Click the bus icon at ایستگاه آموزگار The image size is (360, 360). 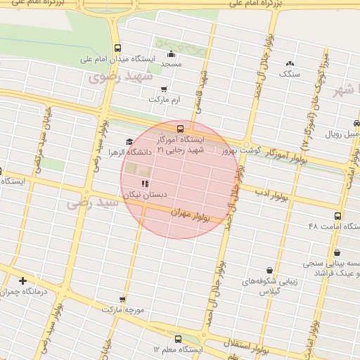click(181, 129)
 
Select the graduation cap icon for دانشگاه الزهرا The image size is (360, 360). click(129, 141)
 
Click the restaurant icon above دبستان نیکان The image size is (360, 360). click(145, 184)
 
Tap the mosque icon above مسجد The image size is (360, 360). click(171, 55)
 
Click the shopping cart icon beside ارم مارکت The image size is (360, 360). click(164, 89)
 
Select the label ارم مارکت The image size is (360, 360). click(164, 100)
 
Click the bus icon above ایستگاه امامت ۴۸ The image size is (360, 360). click(338, 216)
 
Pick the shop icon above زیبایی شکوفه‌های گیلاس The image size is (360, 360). click(269, 270)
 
